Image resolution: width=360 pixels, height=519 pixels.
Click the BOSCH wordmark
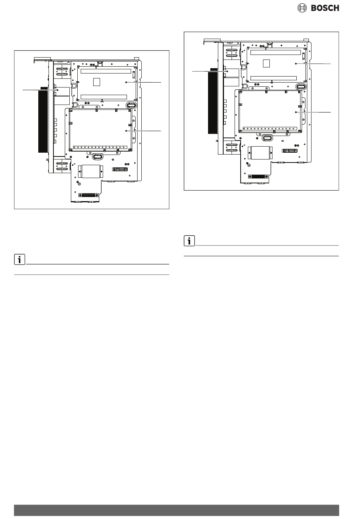click(325, 8)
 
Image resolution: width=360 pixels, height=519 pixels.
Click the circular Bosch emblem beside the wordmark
click(302, 8)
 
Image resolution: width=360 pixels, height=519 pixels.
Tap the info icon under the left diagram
click(19, 259)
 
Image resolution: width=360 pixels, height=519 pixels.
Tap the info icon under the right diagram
click(189, 241)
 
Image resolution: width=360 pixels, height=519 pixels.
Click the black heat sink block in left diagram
click(42, 120)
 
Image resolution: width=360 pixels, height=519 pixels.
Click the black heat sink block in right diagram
click(212, 101)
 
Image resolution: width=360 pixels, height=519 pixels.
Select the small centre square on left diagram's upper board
click(97, 82)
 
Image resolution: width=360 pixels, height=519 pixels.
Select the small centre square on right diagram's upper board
click(266, 63)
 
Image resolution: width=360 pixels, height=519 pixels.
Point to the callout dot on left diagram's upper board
click(126, 82)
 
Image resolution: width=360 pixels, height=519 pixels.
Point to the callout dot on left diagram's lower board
click(126, 131)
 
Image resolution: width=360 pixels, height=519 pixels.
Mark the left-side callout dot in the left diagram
click(58, 90)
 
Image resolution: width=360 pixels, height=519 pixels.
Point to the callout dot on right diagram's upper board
click(296, 64)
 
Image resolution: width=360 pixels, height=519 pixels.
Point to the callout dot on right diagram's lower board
click(296, 112)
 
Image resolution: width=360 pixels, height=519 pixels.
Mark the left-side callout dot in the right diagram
click(227, 71)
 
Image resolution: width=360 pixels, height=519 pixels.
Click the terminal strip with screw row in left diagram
click(100, 147)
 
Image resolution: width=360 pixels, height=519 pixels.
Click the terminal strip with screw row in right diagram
click(270, 128)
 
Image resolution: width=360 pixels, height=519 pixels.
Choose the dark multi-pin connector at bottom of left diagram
click(88, 195)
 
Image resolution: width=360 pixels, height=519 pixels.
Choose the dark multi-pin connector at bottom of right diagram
click(258, 177)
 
